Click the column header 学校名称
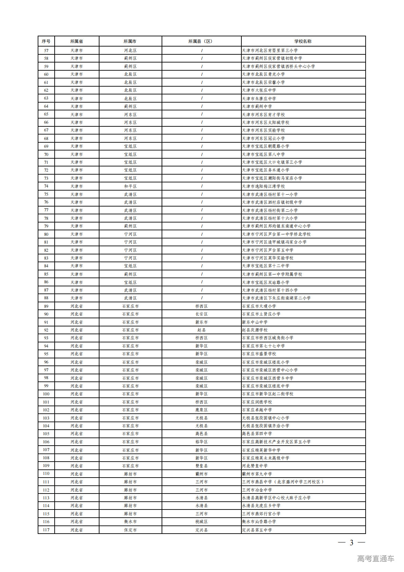[x=303, y=41]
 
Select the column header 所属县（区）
[x=201, y=41]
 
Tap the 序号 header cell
[x=46, y=41]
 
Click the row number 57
[x=46, y=51]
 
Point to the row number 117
[x=46, y=530]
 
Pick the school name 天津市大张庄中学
[x=259, y=90]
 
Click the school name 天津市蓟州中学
[x=257, y=107]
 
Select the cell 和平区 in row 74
[x=130, y=186]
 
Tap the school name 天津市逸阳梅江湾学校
[x=263, y=186]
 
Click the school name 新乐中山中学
[x=255, y=322]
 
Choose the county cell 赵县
[x=201, y=330]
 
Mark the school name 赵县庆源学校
[x=255, y=330]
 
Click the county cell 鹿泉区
[x=201, y=410]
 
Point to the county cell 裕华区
[x=201, y=442]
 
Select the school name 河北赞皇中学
[x=255, y=466]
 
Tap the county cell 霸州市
[x=201, y=474]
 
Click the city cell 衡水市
[x=130, y=522]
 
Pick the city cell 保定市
[x=130, y=530]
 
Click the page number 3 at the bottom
[x=351, y=543]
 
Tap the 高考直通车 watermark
[x=375, y=558]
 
